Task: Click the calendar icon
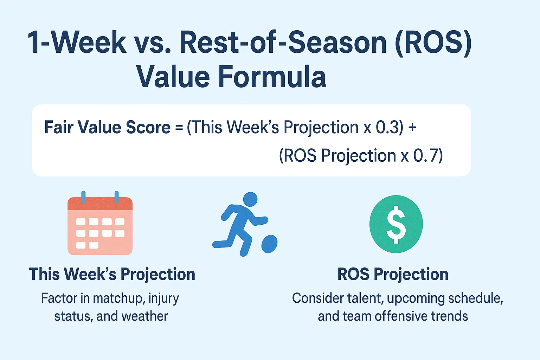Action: (x=100, y=223)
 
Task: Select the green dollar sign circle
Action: (x=396, y=224)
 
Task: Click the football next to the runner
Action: (x=270, y=244)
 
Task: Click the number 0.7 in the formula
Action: (x=426, y=155)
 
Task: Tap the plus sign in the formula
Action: (x=412, y=128)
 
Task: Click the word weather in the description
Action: (x=144, y=316)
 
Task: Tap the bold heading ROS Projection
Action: (x=393, y=275)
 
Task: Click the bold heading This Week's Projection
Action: (x=112, y=275)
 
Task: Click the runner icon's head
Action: (x=250, y=199)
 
